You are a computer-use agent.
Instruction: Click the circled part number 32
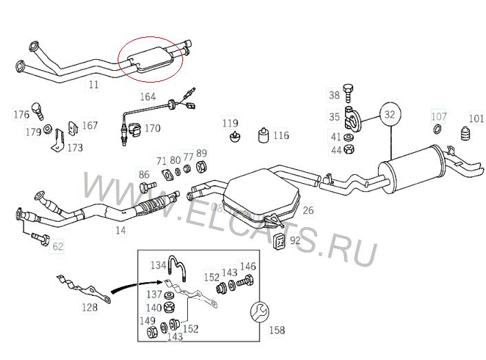(x=390, y=113)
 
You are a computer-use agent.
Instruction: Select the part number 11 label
(x=94, y=85)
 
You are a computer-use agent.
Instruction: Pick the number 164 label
(x=148, y=97)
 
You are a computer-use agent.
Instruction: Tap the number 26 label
(x=308, y=211)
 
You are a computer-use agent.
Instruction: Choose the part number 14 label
(x=120, y=230)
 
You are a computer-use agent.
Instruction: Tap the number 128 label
(x=89, y=307)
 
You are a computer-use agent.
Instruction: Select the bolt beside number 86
(x=145, y=187)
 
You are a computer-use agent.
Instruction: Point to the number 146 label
(x=248, y=266)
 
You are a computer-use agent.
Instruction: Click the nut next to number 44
(x=349, y=149)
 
